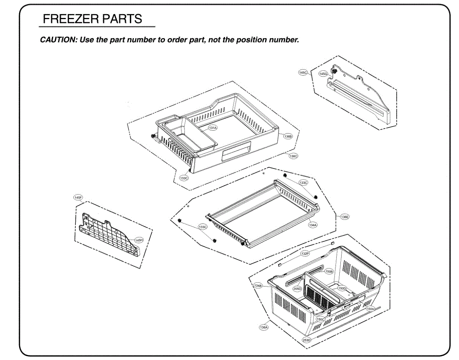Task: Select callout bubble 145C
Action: point(303,72)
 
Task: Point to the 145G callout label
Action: point(324,73)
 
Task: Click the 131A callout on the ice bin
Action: point(212,128)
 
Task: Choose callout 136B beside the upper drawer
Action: point(288,136)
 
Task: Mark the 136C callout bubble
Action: point(293,156)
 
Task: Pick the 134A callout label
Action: point(313,225)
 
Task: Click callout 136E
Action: point(345,217)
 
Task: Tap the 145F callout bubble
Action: point(78,198)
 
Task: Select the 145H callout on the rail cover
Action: point(138,240)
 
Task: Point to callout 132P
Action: point(305,254)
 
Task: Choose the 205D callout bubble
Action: point(297,289)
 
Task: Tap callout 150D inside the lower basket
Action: point(342,288)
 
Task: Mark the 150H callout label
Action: point(370,308)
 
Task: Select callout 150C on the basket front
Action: point(320,319)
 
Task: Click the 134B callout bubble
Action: point(258,285)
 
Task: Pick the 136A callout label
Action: point(264,327)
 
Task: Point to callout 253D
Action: point(307,340)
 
